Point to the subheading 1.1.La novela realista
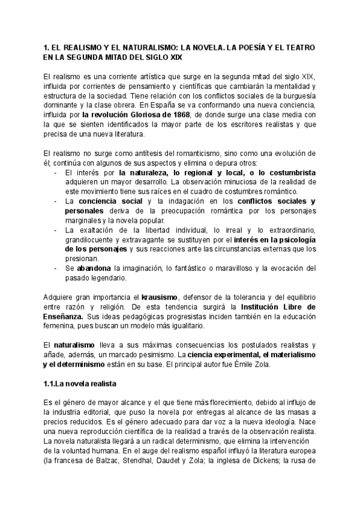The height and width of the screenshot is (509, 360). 80,383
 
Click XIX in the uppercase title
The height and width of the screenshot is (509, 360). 167,56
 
